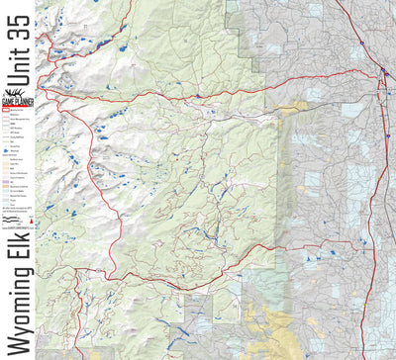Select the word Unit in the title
17,88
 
